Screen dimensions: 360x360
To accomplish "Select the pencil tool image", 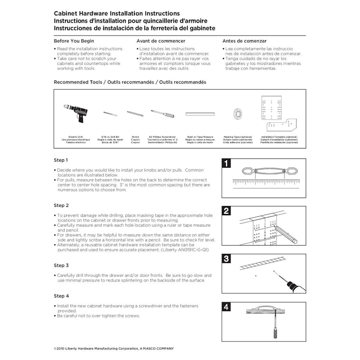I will [x=136, y=114].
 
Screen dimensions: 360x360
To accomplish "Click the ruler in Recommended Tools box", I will [x=200, y=114].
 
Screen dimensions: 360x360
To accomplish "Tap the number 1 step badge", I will [x=226, y=163].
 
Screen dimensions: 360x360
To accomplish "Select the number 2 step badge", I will [x=226, y=211].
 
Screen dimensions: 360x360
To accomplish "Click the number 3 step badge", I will [x=226, y=259].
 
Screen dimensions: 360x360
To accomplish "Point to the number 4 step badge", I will [x=226, y=307].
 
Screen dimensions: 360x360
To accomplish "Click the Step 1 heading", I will [x=61, y=160].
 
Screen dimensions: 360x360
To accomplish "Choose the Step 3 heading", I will [x=61, y=266].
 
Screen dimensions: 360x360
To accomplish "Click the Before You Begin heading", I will [x=74, y=41].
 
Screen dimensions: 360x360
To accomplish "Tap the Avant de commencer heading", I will [x=161, y=41].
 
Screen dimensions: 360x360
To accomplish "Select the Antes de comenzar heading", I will [x=244, y=41].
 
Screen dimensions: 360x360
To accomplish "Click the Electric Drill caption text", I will [x=76, y=137].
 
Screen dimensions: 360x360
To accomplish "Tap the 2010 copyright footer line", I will [x=114, y=349].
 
